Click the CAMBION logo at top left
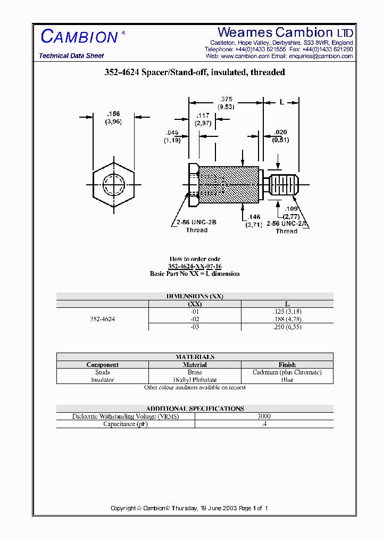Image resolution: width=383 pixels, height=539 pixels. [80, 37]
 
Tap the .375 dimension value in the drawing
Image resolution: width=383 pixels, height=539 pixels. [227, 99]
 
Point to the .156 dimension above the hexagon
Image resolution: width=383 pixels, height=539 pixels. [113, 114]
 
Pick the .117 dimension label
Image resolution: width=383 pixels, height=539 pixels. [203, 116]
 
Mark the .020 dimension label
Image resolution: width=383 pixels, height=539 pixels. [280, 133]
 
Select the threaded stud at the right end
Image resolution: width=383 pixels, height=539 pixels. [285, 185]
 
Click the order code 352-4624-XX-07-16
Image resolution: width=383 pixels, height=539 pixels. [195, 266]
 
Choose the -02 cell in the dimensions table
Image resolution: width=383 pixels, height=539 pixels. [195, 319]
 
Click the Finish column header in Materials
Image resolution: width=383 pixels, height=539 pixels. [287, 365]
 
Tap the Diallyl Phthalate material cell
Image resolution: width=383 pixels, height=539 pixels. [195, 380]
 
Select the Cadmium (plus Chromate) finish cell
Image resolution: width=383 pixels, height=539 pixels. [287, 372]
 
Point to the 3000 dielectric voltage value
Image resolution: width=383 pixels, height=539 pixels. [264, 416]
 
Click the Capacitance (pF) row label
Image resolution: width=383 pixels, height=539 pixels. [126, 424]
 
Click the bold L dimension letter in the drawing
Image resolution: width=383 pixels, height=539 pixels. [282, 102]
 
